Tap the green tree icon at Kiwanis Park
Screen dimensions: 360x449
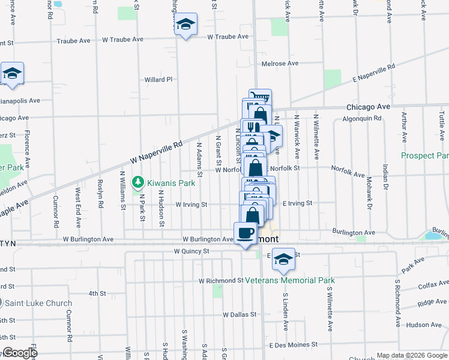pos(137,181)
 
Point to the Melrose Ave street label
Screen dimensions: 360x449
pos(280,64)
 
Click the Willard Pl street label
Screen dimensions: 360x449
pos(158,79)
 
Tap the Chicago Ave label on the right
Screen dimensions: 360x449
pos(368,107)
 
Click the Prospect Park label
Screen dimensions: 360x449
pos(425,156)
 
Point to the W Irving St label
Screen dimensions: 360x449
pos(191,205)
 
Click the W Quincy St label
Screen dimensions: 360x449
pos(191,251)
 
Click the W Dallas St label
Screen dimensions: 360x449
pos(240,314)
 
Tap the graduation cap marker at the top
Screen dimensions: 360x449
pos(186,25)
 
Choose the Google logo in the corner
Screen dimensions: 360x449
pos(20,353)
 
